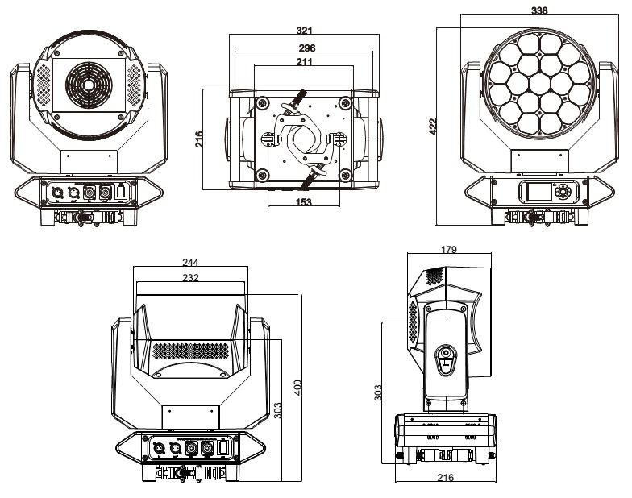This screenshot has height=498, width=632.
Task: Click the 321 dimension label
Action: point(304,30)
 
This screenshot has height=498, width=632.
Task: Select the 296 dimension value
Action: point(306,48)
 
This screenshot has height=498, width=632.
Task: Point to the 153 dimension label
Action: point(303,202)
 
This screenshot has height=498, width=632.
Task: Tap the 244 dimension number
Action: point(190,263)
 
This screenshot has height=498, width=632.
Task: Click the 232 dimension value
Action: point(190,276)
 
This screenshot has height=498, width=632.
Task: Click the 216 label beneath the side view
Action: point(445,478)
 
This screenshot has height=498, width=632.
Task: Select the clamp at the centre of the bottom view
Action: point(304,137)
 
